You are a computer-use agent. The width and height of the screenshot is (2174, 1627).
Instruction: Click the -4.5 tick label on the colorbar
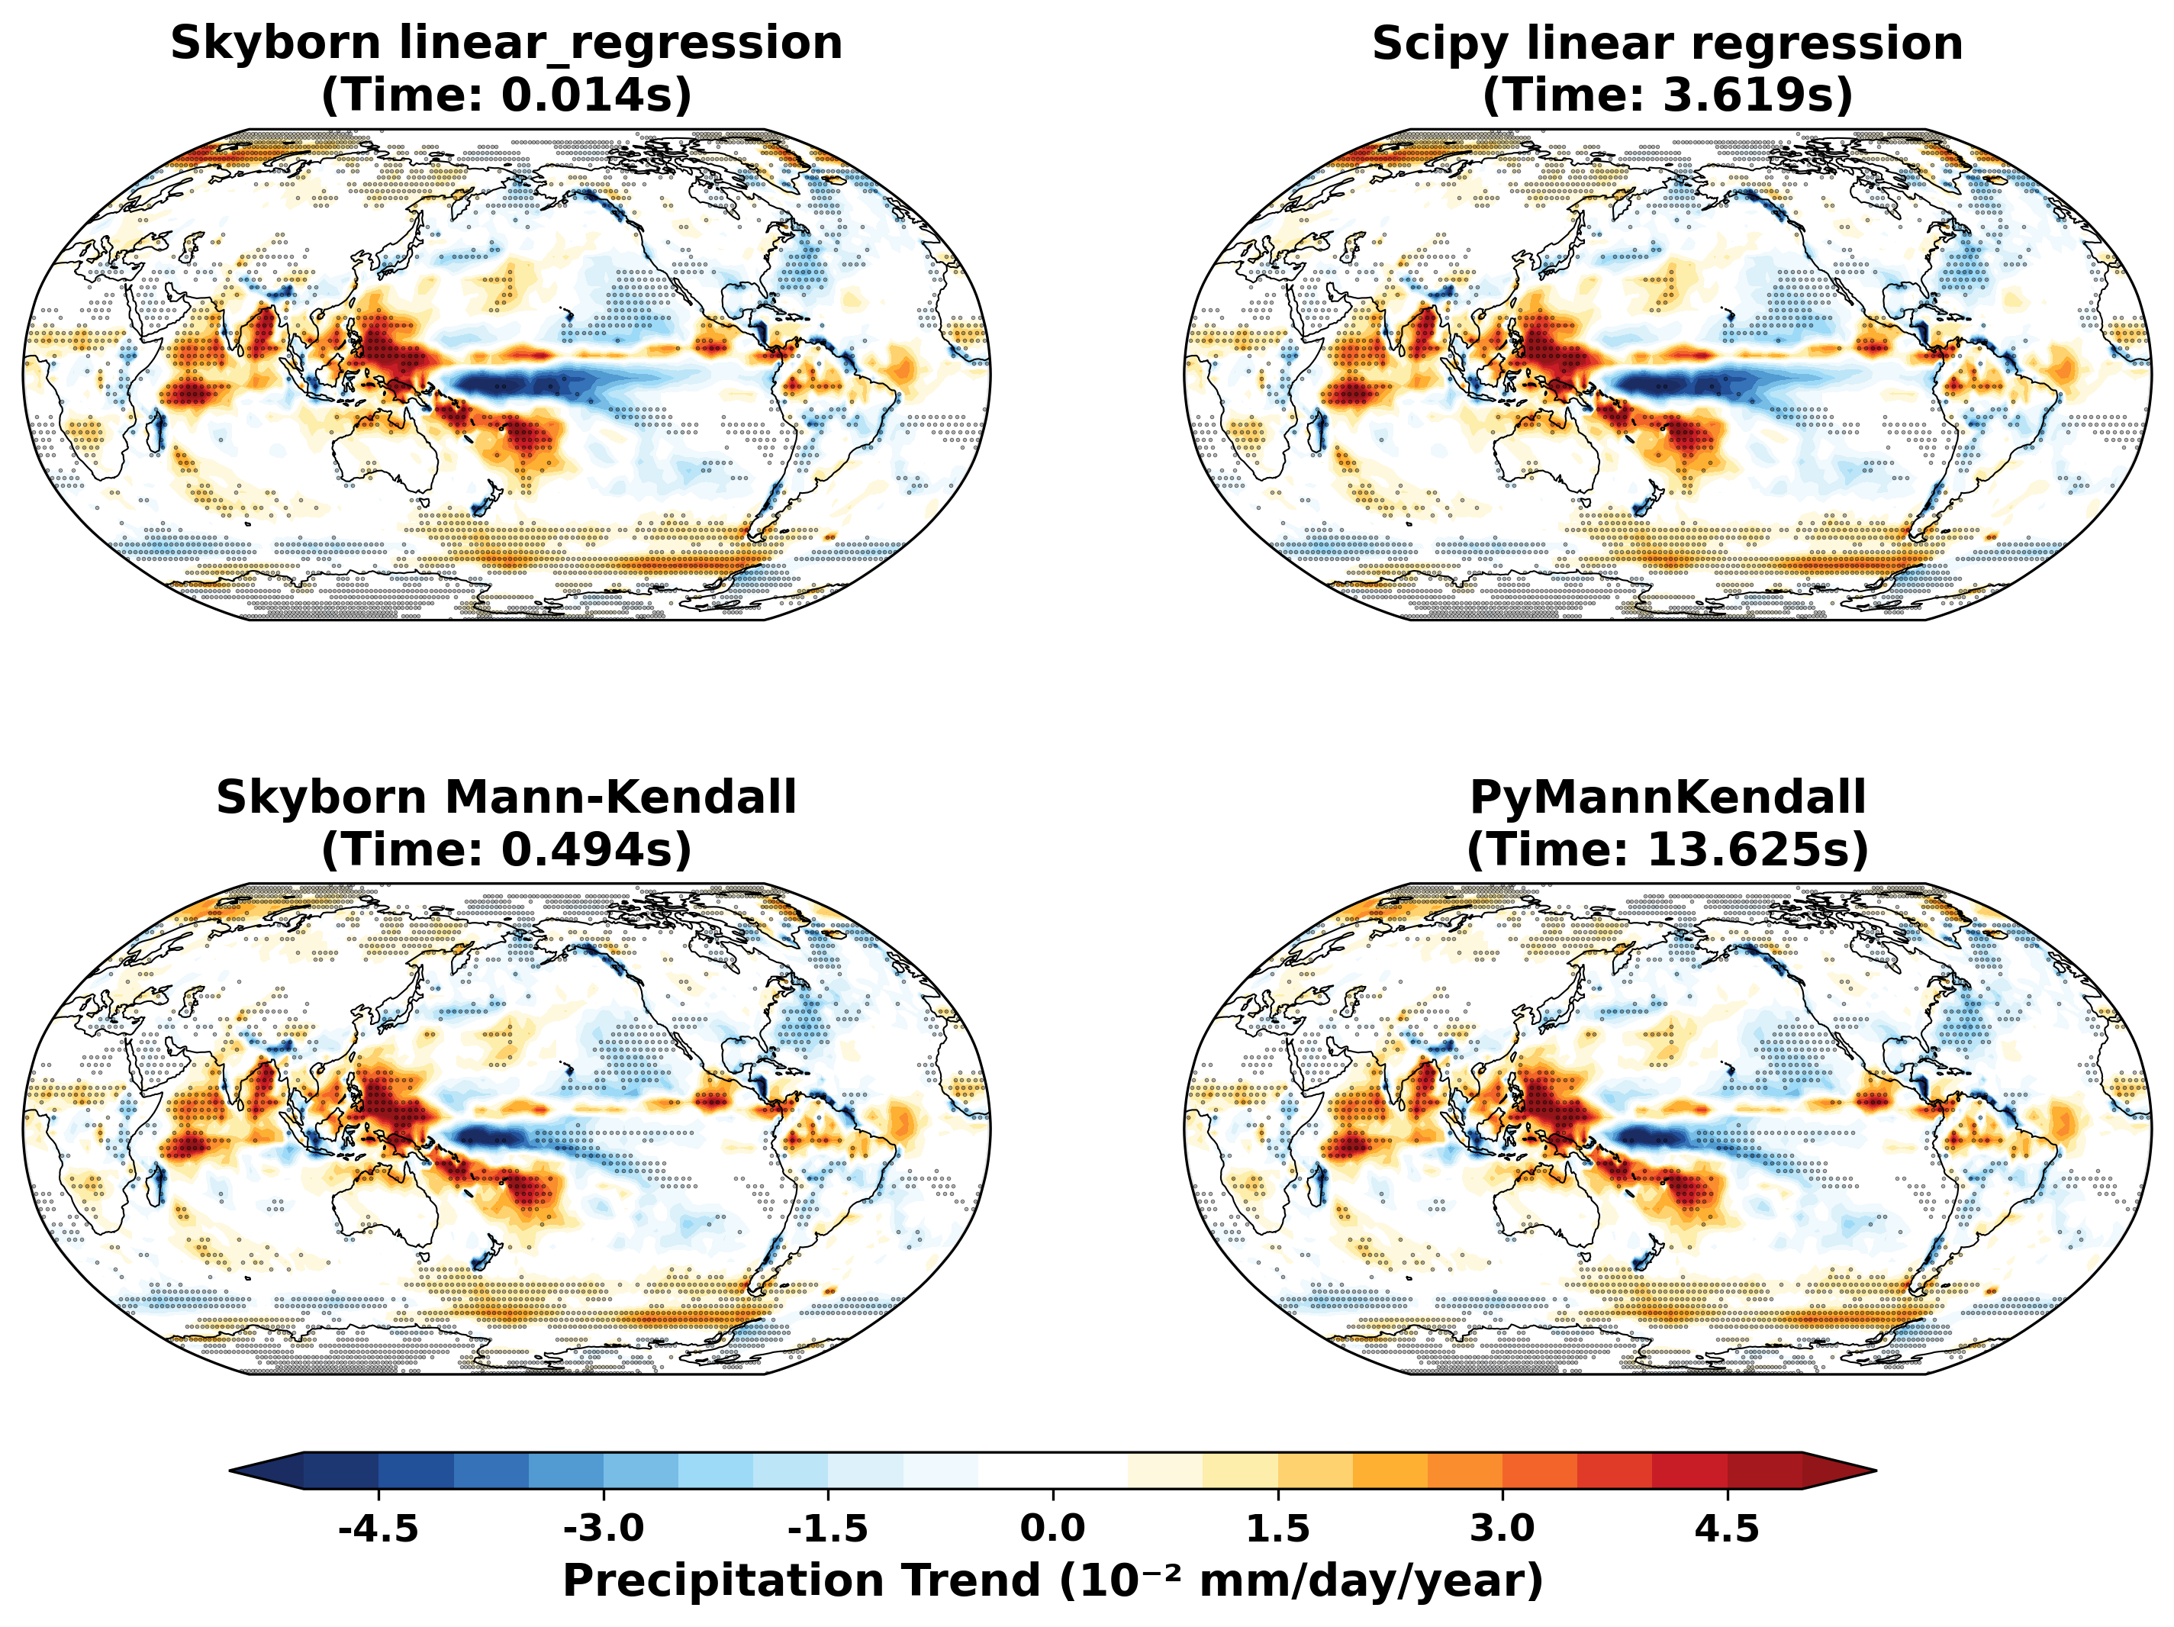[378, 1529]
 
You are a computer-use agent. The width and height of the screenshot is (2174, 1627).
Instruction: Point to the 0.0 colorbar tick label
[1052, 1529]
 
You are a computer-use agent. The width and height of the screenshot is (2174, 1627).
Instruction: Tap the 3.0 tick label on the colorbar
[1502, 1529]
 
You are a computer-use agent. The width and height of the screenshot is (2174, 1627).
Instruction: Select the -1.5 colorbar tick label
[827, 1529]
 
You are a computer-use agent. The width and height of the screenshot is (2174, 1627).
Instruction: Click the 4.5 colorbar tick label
[1727, 1529]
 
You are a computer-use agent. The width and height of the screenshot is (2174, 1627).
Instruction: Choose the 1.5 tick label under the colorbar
[1277, 1529]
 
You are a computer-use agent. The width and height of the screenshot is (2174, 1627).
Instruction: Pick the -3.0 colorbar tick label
[603, 1529]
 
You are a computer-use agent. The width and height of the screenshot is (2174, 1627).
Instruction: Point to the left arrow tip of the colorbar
[232, 1471]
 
